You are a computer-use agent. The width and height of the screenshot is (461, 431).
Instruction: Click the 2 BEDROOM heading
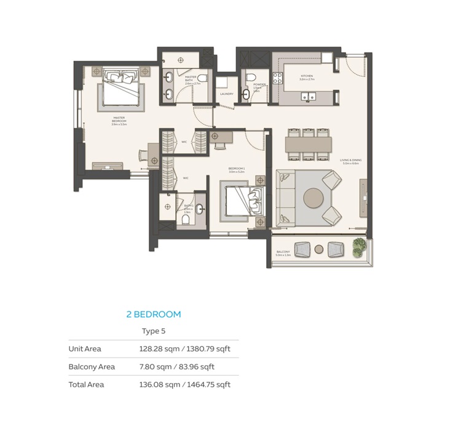point(154,314)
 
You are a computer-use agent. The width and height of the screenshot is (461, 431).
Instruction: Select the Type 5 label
point(154,331)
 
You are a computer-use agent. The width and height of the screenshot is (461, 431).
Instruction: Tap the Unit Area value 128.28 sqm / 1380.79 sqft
point(184,349)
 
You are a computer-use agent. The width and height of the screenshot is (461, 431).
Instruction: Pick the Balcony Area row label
point(92,367)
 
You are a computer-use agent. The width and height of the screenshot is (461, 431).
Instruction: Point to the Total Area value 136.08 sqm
point(184,385)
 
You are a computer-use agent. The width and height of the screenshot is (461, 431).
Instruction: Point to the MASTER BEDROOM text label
point(119,119)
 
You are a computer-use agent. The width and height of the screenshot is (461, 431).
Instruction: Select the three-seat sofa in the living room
point(284,198)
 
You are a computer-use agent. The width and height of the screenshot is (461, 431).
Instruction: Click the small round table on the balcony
point(319,249)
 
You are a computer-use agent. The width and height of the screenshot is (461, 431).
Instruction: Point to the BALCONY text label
point(283,251)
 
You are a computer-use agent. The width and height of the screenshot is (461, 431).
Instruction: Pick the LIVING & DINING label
point(352,161)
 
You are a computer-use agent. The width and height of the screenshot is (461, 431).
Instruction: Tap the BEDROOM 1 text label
point(237,171)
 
